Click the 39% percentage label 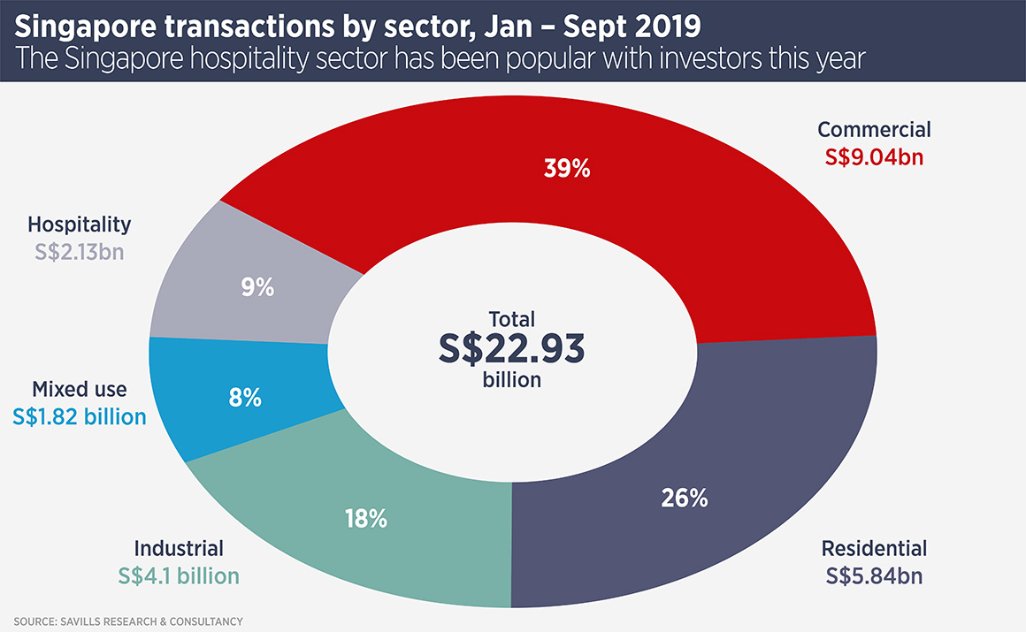[x=567, y=169]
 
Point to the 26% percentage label [x=685, y=499]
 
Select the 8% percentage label [x=245, y=398]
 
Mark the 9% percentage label [x=258, y=287]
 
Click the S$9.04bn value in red [x=873, y=157]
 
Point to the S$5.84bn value [x=873, y=575]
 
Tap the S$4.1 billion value [x=179, y=576]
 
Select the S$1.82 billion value [x=80, y=416]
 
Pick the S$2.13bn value [x=80, y=251]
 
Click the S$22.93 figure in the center [x=511, y=348]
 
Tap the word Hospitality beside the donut [x=80, y=225]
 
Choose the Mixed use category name [x=80, y=390]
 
